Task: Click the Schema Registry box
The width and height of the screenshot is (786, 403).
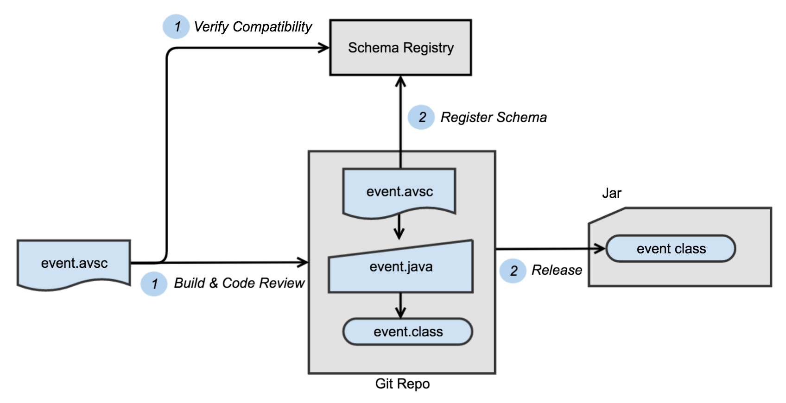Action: tap(400, 48)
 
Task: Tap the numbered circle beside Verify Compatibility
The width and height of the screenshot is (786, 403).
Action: tap(176, 27)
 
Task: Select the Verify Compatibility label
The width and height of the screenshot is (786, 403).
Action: tap(253, 27)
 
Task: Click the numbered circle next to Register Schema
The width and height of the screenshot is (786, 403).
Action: tap(421, 117)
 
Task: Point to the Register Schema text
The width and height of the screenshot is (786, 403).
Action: tap(494, 117)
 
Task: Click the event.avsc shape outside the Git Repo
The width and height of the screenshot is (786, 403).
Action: tap(74, 263)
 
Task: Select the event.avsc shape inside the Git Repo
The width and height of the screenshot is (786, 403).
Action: tap(399, 191)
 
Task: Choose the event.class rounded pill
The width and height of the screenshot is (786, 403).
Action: tap(408, 332)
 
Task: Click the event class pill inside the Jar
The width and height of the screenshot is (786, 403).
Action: tap(671, 249)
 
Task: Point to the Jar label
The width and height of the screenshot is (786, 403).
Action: tap(611, 193)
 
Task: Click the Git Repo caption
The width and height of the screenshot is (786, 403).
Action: tap(402, 384)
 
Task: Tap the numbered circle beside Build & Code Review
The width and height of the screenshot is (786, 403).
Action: tap(154, 283)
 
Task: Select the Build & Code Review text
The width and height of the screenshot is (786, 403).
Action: tap(239, 283)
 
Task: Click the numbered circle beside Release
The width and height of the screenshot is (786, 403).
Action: tap(513, 271)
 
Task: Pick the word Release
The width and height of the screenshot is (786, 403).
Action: tap(557, 270)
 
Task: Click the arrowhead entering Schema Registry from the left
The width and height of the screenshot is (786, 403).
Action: tap(323, 48)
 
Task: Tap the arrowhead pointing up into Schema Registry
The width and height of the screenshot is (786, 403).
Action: tap(401, 82)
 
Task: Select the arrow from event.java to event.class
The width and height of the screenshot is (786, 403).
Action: tap(401, 306)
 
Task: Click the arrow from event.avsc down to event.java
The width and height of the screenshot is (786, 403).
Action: tap(399, 228)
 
